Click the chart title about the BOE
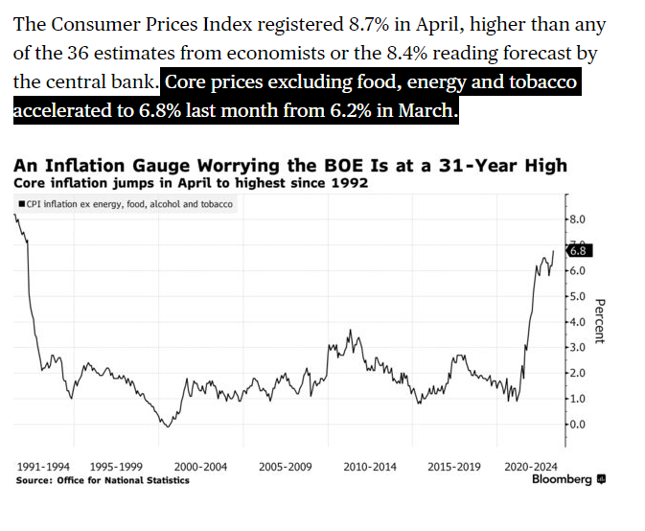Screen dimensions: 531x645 tap(290, 166)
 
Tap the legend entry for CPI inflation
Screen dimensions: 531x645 tap(127, 203)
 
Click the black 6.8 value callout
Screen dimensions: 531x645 tap(580, 252)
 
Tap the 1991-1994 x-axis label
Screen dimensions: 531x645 tap(43, 467)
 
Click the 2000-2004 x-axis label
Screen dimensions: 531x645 tap(200, 467)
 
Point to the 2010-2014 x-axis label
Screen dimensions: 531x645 tap(369, 467)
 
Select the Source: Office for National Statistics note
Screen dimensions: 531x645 tap(103, 480)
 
